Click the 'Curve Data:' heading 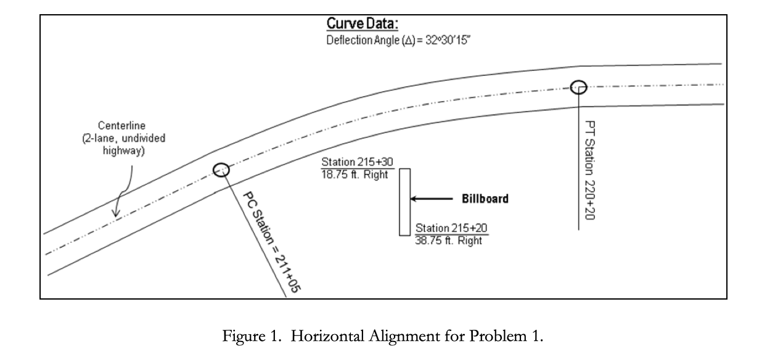[x=362, y=25]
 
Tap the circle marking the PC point [x=221, y=170]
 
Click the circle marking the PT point [x=578, y=87]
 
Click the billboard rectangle [x=404, y=202]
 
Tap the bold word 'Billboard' [x=485, y=199]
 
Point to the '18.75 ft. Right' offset [x=355, y=174]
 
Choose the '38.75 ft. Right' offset [x=449, y=241]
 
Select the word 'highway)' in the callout [x=124, y=150]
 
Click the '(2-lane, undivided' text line [x=124, y=138]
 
